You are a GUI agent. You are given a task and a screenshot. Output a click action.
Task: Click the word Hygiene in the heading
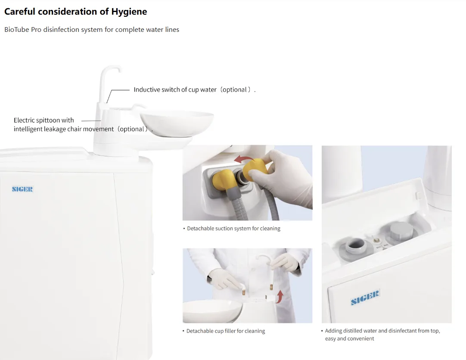click(x=129, y=12)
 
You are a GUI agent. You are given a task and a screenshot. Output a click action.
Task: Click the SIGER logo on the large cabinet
click(x=22, y=189)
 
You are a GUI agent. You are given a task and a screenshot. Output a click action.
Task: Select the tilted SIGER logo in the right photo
click(x=365, y=298)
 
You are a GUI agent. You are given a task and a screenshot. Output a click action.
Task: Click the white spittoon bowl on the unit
click(x=177, y=123)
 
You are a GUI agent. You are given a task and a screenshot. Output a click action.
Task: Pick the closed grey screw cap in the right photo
click(x=401, y=230)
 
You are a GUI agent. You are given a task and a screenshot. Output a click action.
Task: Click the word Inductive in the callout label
click(x=147, y=90)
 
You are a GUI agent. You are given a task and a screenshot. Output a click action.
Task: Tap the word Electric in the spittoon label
click(x=25, y=120)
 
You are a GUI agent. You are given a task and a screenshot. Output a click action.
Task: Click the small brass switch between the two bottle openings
click(x=376, y=240)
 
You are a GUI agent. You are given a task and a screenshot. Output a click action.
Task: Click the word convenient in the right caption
click(x=361, y=338)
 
